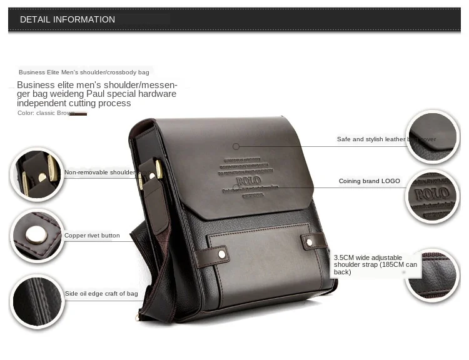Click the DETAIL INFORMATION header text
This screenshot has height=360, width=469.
68,19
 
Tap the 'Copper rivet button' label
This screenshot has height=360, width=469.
92,236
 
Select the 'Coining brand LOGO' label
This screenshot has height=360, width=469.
369,181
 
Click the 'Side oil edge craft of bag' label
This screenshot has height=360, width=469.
101,293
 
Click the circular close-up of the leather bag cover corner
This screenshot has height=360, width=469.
432,137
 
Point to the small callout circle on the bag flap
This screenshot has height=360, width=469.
236,146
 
